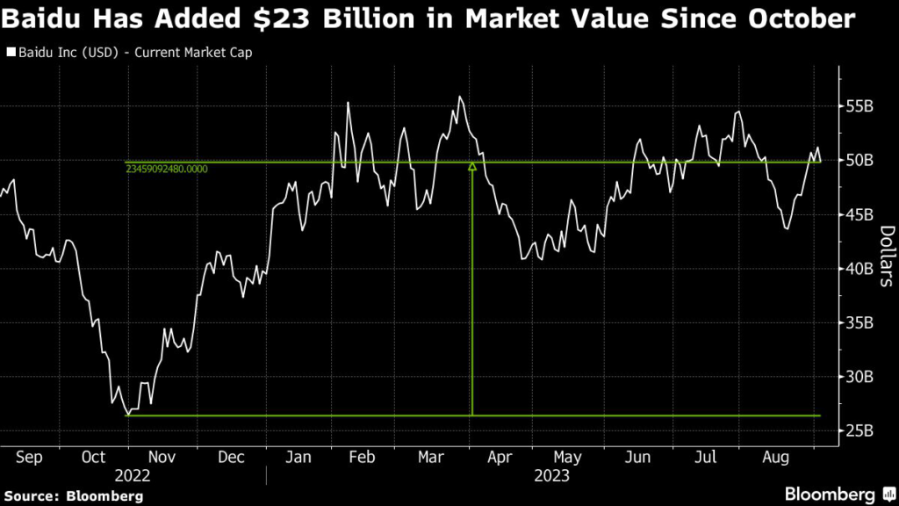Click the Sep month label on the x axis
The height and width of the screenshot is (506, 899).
point(29,457)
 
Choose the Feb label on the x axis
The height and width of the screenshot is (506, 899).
point(363,457)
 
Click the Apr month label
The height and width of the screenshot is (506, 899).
point(500,457)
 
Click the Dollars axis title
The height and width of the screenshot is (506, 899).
point(886,256)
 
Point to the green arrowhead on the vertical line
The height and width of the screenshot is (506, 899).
point(472,165)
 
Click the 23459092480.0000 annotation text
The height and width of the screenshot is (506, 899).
point(167,168)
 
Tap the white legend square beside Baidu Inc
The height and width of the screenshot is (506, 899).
point(11,53)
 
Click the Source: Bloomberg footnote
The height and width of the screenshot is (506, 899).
point(73,496)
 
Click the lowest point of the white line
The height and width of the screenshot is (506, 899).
point(128,414)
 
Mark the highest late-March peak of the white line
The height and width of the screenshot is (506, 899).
point(460,97)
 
